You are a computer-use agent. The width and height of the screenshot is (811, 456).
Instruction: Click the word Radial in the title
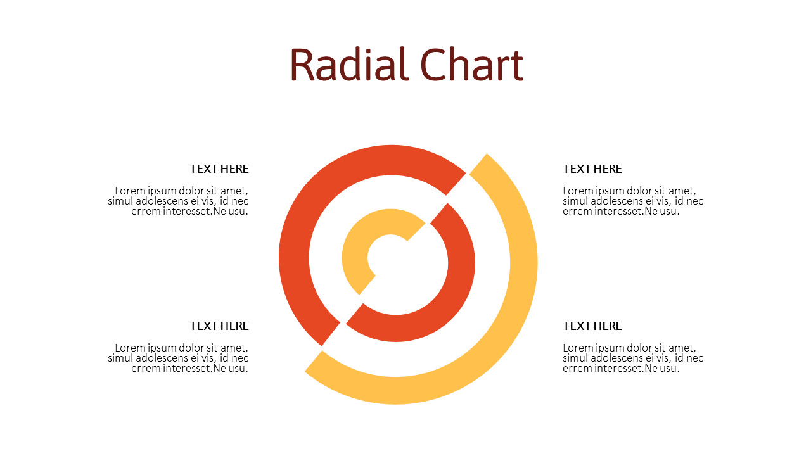[349, 65]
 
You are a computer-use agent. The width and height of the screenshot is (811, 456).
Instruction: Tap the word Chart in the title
[472, 65]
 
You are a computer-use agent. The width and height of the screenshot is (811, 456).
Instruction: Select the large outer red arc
[294, 253]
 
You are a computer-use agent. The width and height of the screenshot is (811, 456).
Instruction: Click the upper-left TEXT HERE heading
[219, 169]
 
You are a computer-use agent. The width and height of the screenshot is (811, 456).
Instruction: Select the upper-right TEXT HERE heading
[592, 169]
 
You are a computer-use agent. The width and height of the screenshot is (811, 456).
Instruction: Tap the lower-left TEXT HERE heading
[219, 326]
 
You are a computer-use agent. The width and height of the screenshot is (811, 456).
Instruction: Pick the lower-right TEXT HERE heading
[592, 326]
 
